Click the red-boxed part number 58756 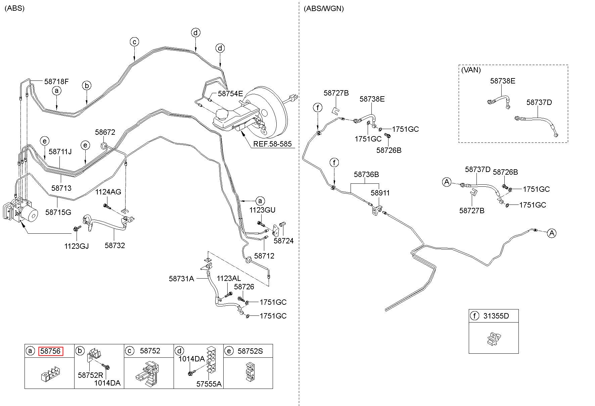point(51,351)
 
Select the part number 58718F point(56,81)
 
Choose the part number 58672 point(105,132)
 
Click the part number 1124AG point(108,192)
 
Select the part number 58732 point(115,245)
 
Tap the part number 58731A point(181,278)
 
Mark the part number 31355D point(496,316)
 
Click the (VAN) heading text point(471,70)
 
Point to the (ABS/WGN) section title point(324,9)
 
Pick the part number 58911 point(380,193)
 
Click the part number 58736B point(366,174)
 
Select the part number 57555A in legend point(209,384)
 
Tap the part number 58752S point(250,351)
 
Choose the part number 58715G point(58,212)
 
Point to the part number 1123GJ point(77,246)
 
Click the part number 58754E point(230,94)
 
